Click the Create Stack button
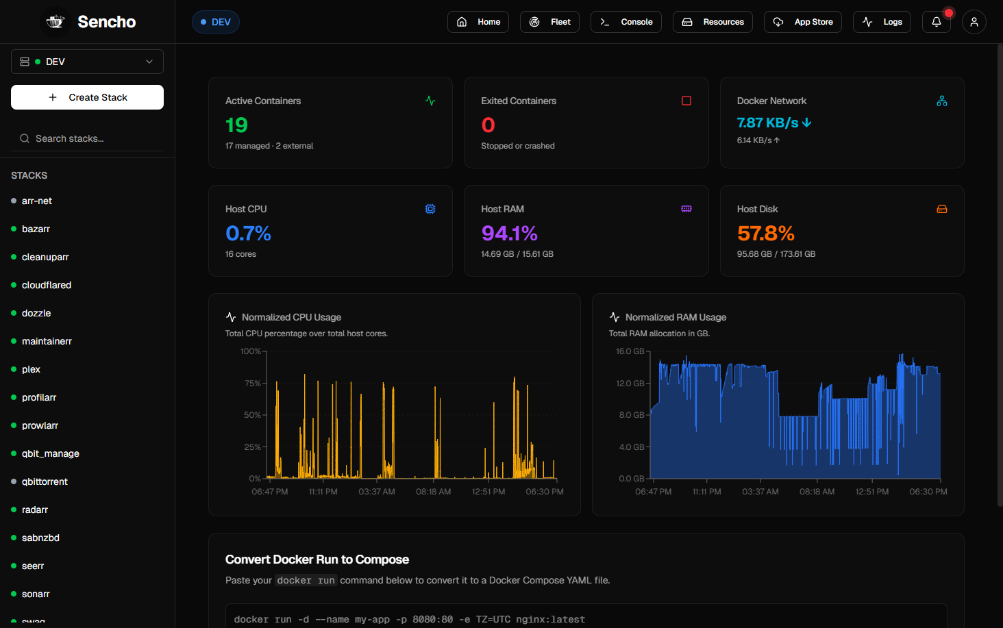click(x=87, y=97)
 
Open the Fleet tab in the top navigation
click(x=549, y=22)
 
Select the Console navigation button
click(x=626, y=22)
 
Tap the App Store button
click(x=803, y=22)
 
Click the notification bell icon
click(x=937, y=22)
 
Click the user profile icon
click(x=974, y=22)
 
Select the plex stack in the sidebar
click(x=31, y=369)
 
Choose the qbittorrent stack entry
click(x=45, y=481)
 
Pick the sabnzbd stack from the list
click(x=40, y=538)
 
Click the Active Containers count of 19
click(x=236, y=125)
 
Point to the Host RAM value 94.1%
click(x=509, y=234)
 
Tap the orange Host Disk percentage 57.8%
click(x=766, y=234)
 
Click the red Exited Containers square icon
click(x=686, y=101)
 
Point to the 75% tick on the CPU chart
click(x=252, y=383)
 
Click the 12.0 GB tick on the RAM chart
click(x=630, y=383)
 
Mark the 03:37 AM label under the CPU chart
click(x=377, y=492)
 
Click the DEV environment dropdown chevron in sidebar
click(x=149, y=62)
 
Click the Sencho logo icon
click(x=55, y=21)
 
